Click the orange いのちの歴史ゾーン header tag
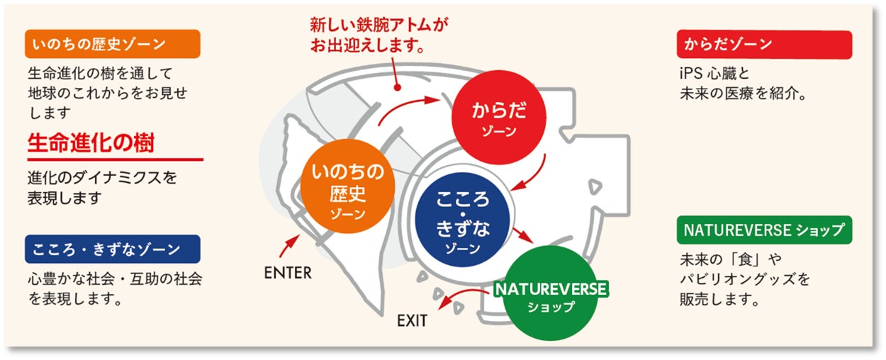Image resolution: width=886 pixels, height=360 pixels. (113, 44)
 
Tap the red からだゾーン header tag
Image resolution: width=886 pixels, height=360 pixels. (763, 44)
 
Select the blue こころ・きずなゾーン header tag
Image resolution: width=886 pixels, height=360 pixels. (113, 249)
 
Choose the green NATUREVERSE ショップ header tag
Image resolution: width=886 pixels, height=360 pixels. (763, 230)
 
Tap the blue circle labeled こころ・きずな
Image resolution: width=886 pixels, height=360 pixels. (462, 215)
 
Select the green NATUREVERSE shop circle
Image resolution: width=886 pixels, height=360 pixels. (550, 293)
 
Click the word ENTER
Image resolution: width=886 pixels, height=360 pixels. (287, 273)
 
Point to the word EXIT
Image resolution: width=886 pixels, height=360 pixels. (412, 320)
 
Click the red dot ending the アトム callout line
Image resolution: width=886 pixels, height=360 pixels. (397, 89)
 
